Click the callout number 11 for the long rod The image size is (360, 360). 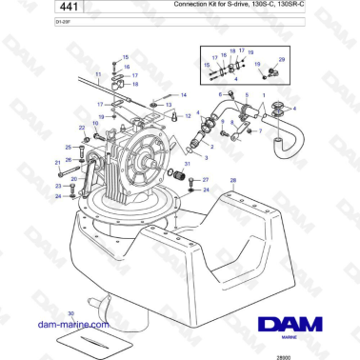pos(98,73)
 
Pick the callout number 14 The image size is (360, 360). pos(184,95)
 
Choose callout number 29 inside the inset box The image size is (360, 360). pos(280,59)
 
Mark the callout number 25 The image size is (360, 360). pos(68,148)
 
